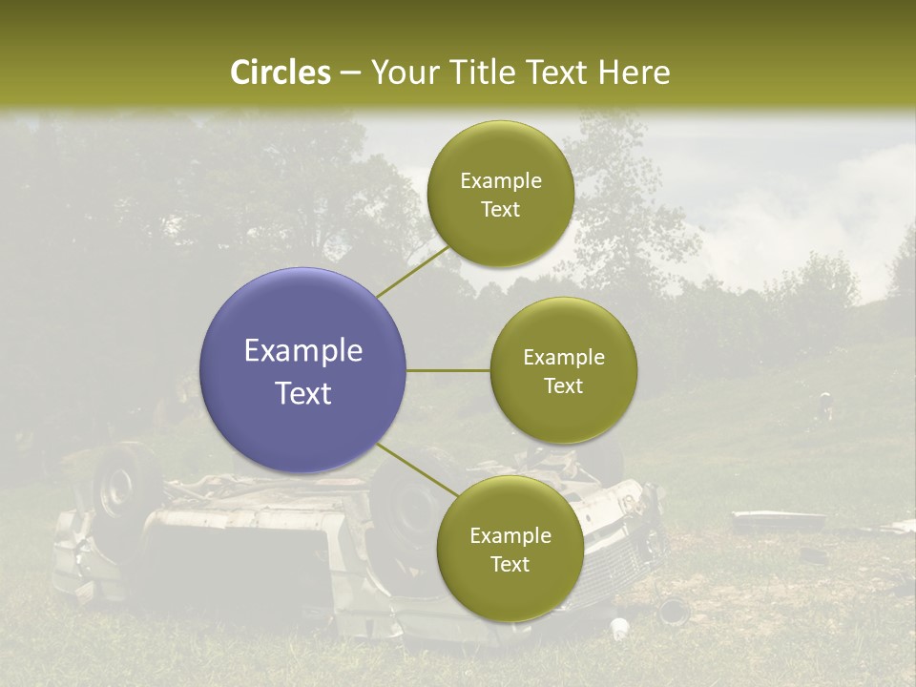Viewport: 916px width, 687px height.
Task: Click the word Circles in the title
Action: [x=281, y=73]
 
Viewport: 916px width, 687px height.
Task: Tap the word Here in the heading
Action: [x=634, y=73]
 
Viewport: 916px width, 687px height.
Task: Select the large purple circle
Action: [x=303, y=370]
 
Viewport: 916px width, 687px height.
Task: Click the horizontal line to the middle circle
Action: [x=448, y=370]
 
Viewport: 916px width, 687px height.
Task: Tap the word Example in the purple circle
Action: [x=303, y=351]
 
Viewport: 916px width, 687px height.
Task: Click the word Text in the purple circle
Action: [x=303, y=393]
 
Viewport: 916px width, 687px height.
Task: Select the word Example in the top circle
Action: [x=501, y=181]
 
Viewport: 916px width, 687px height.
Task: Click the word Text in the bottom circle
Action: [x=510, y=565]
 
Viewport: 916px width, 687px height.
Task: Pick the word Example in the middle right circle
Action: [x=564, y=358]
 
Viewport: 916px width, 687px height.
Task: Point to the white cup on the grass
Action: [x=619, y=628]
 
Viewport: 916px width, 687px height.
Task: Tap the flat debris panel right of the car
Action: [x=778, y=521]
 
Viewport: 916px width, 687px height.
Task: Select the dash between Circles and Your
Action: [x=350, y=73]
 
